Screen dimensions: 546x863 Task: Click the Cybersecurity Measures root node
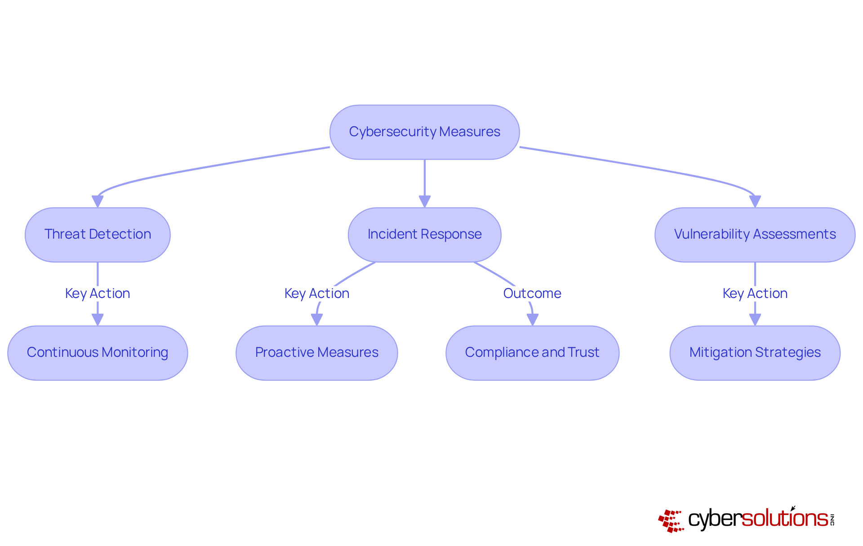[424, 132]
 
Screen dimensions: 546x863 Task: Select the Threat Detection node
[98, 235]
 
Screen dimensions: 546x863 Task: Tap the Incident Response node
[424, 235]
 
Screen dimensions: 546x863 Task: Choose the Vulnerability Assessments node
[755, 235]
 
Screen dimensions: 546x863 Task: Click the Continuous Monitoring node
[98, 353]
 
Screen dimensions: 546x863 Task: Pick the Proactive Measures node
[316, 353]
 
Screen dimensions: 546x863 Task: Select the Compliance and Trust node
[532, 353]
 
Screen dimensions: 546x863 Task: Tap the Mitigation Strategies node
[755, 353]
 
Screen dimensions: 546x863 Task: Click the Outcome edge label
[532, 293]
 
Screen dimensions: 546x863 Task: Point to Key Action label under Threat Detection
[98, 293]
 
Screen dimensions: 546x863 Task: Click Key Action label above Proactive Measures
[316, 293]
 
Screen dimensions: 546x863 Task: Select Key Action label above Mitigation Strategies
[755, 293]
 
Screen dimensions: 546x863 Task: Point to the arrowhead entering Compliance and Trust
[532, 320]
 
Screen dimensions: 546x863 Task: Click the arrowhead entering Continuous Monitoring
[98, 320]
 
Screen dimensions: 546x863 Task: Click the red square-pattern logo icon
[671, 521]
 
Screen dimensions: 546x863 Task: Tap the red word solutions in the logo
[785, 519]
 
